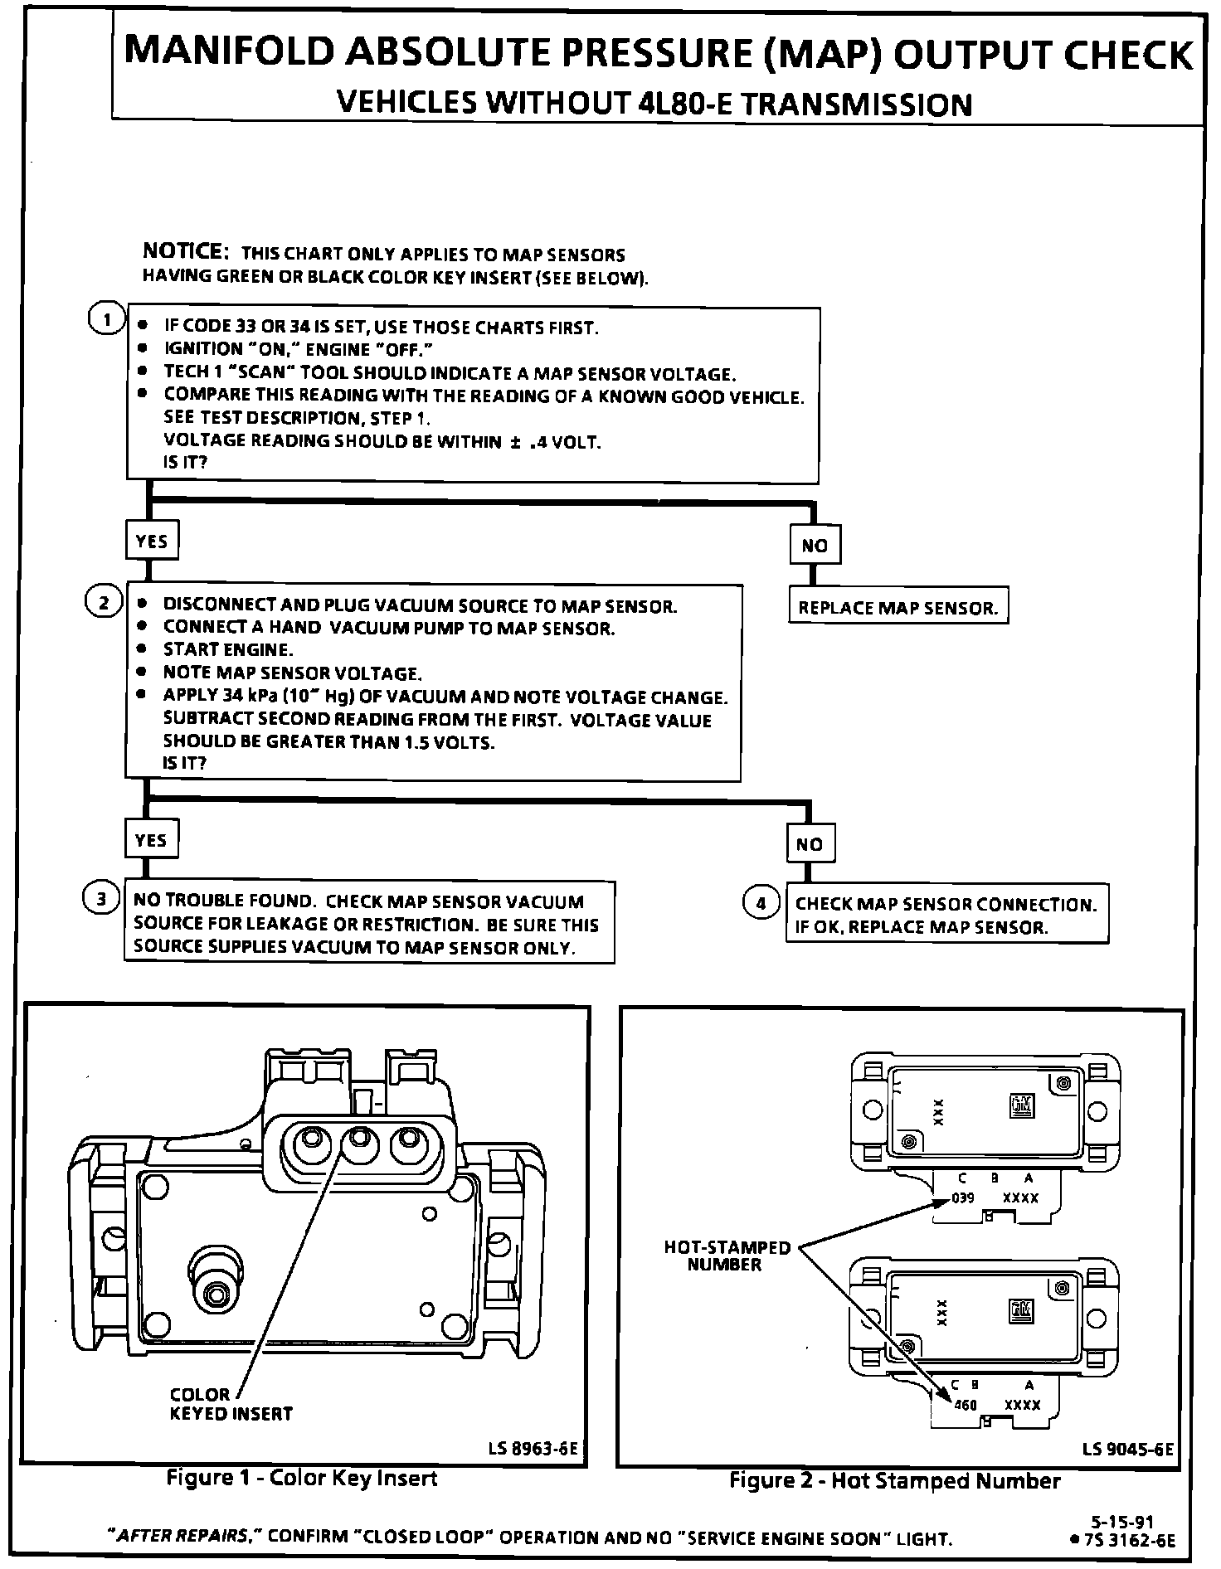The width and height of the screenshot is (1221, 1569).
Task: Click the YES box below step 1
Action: [151, 542]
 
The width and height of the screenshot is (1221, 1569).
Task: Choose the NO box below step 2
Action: [810, 844]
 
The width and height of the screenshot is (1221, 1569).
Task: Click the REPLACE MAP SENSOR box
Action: [898, 608]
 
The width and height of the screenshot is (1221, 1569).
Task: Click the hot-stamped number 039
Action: [962, 1198]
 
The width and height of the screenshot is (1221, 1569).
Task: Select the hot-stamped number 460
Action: [966, 1405]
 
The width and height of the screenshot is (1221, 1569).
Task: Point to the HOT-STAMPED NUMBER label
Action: [727, 1256]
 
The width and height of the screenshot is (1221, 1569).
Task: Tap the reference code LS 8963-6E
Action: [533, 1449]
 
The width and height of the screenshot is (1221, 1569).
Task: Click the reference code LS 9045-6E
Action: [1128, 1449]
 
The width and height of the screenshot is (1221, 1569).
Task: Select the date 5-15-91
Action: [1121, 1522]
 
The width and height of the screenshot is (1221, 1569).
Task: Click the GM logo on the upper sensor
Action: [1021, 1105]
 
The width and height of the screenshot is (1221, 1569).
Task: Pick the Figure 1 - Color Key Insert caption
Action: [302, 1478]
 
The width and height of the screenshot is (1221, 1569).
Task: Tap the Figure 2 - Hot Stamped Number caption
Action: [894, 1480]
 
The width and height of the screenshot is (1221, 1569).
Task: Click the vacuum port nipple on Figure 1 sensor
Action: [217, 1291]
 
